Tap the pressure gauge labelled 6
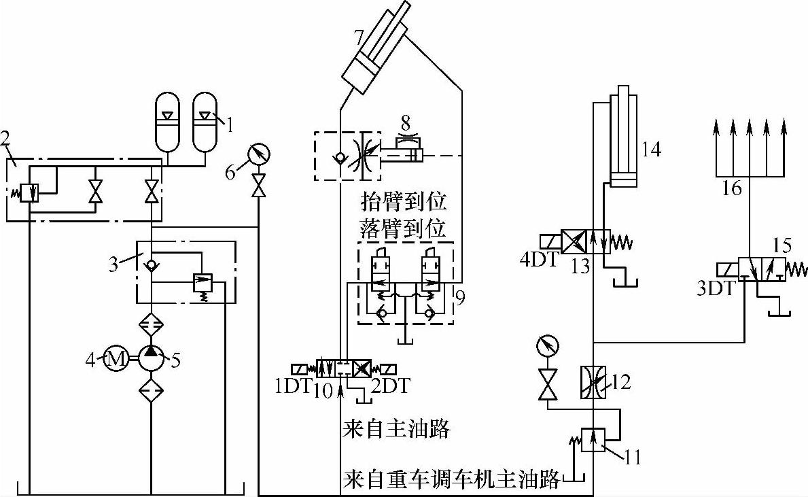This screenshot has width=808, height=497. [258, 154]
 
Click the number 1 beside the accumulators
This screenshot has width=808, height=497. [229, 124]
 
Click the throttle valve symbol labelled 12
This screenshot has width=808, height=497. [593, 382]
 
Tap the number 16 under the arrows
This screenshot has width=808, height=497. [732, 188]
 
